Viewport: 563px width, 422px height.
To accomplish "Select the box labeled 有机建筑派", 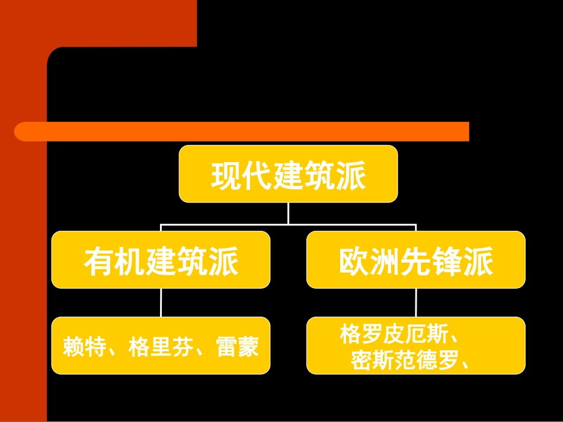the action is point(161,260).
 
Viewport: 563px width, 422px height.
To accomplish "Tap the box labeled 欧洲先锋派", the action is point(415,260).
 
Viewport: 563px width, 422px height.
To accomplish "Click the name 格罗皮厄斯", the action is point(393,334).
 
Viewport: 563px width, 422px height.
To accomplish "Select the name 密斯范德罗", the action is point(404,360).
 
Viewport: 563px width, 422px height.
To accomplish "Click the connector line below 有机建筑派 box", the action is point(161,302).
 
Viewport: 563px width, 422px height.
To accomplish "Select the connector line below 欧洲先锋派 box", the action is point(415,302).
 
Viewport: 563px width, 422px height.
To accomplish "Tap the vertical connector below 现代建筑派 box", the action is point(288,213).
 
